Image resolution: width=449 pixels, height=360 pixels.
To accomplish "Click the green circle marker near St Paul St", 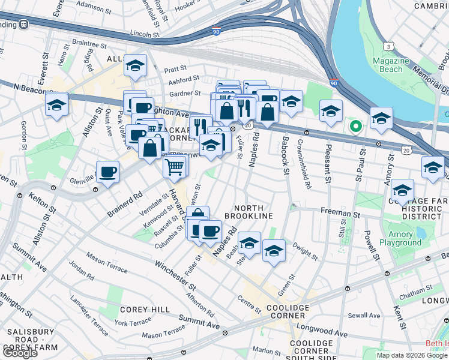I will [x=355, y=127].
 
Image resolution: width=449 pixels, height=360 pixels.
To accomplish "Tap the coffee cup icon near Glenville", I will [x=108, y=172].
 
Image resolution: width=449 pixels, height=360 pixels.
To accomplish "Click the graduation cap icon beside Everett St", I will [x=57, y=105].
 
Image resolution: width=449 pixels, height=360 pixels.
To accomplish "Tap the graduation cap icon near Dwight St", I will [x=274, y=251].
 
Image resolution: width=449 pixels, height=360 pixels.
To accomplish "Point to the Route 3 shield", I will [x=390, y=46].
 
